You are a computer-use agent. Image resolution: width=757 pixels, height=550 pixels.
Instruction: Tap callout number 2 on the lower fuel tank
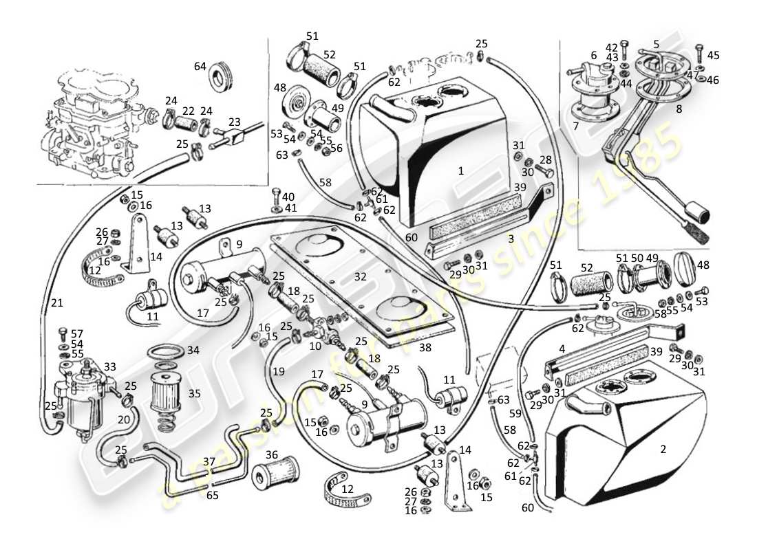click(663, 450)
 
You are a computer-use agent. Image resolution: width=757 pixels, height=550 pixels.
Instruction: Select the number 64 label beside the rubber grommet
click(200, 67)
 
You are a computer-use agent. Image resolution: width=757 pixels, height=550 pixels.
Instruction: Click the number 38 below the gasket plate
click(425, 348)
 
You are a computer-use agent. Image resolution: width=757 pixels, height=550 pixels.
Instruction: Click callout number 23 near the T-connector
click(234, 122)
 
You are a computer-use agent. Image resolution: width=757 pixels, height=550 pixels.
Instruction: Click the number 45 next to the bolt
click(713, 56)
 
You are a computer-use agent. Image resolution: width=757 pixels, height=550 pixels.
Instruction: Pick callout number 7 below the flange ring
click(575, 126)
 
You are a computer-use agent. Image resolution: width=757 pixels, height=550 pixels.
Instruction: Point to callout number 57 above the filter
click(76, 333)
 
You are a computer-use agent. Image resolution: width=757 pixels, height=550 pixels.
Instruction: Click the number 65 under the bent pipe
click(213, 494)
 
